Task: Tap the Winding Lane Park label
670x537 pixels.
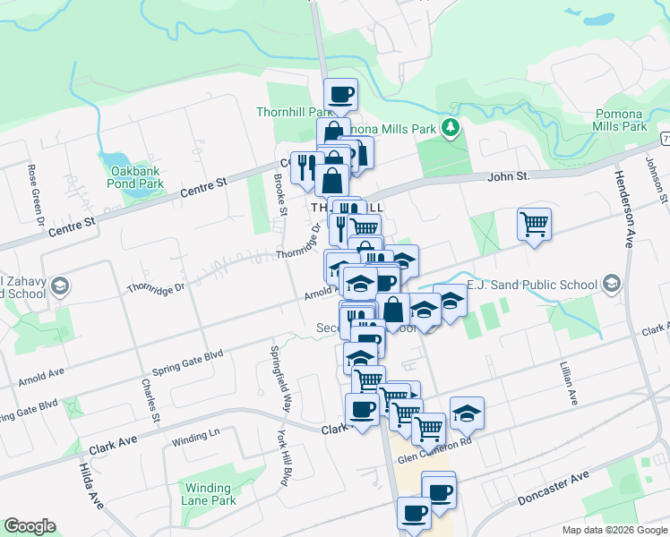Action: click(209, 495)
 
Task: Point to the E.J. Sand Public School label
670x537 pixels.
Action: click(532, 286)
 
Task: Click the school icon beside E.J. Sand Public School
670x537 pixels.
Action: click(612, 286)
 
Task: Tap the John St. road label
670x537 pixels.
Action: click(509, 177)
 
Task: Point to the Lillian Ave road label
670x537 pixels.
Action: click(567, 379)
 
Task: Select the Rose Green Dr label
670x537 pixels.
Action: click(36, 193)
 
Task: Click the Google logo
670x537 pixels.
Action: click(30, 526)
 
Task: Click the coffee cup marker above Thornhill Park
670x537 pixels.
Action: click(340, 95)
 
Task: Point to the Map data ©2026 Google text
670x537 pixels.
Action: click(613, 530)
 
